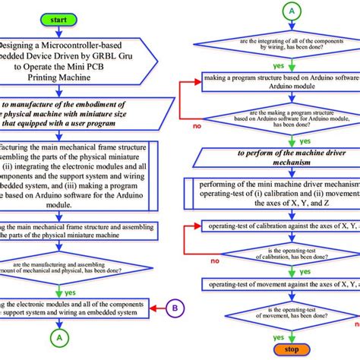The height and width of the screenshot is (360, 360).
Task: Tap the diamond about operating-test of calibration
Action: coord(274,254)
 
